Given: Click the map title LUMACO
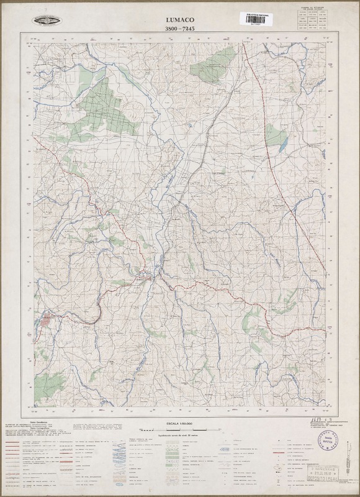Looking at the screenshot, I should pyautogui.click(x=179, y=19).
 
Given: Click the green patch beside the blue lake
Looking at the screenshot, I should pyautogui.click(x=276, y=134).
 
